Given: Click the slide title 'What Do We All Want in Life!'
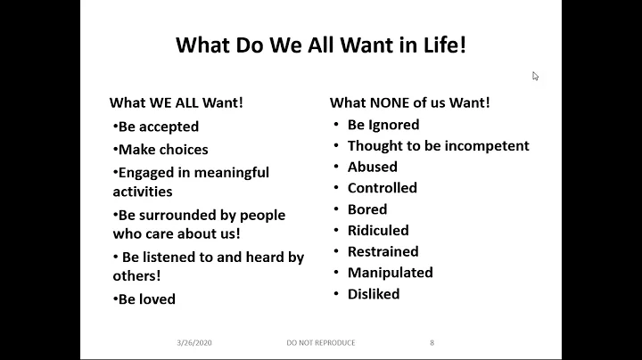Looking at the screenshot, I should (x=321, y=45).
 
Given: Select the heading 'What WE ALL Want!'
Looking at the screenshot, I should (x=176, y=102).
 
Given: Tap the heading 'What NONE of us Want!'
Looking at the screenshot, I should (x=409, y=102).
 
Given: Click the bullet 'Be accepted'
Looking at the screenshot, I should (x=158, y=127).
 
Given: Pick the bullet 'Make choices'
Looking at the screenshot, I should (x=162, y=150).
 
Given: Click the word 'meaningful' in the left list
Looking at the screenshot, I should (x=230, y=172).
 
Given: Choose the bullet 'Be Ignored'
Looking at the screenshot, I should (x=383, y=125).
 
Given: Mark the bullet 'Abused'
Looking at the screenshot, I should (x=372, y=167).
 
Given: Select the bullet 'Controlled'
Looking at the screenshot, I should (x=382, y=188).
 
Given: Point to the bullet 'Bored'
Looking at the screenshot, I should (x=366, y=209).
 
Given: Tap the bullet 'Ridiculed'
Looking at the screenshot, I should (x=377, y=230).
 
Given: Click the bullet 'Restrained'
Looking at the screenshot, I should (x=383, y=251).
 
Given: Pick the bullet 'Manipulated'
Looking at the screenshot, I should (x=390, y=273).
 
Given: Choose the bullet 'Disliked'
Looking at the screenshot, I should (x=373, y=294).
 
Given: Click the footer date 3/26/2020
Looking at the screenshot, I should (x=193, y=342).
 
